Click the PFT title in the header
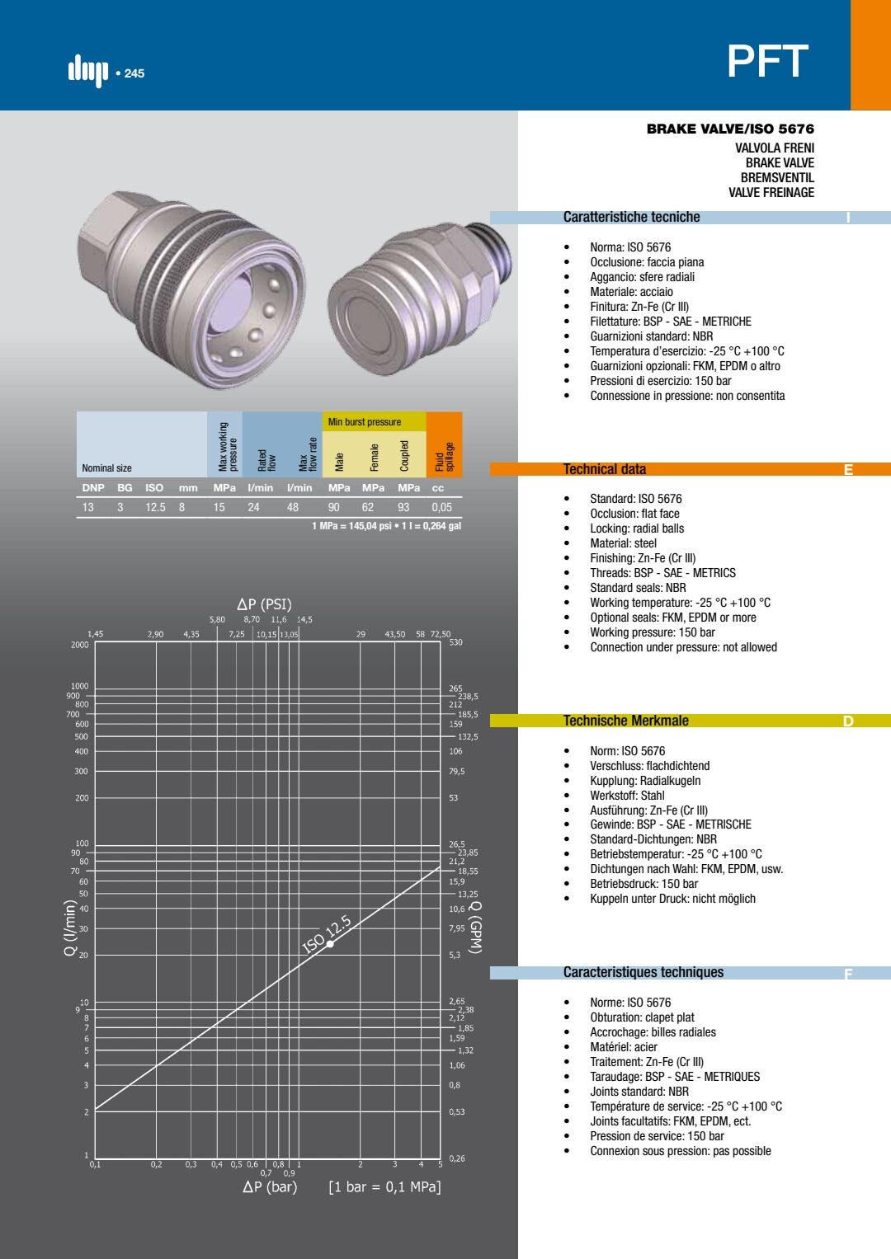point(768,61)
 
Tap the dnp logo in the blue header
point(88,72)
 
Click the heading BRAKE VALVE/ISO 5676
point(730,129)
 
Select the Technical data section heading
point(605,469)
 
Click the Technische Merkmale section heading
point(625,721)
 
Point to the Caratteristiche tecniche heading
point(631,217)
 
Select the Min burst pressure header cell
point(365,421)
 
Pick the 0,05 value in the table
point(441,508)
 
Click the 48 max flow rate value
point(293,508)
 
